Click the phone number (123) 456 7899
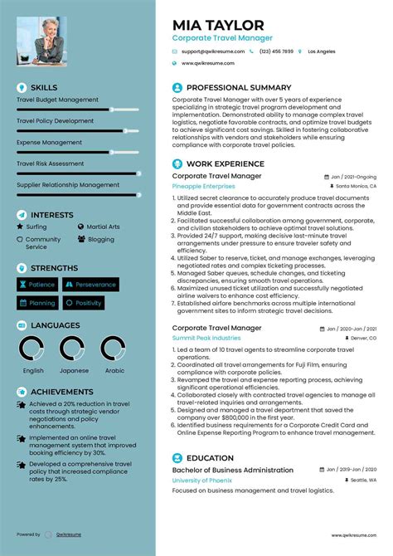276,51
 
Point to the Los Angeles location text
321,51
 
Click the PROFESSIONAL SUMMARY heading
239,87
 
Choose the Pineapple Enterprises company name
204,188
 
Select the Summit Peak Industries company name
206,339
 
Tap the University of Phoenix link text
201,480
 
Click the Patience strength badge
36,285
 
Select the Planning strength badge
36,304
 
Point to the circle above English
33,349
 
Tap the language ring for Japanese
74,349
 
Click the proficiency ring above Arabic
114,349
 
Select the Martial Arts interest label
103,227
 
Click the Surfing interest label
36,227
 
